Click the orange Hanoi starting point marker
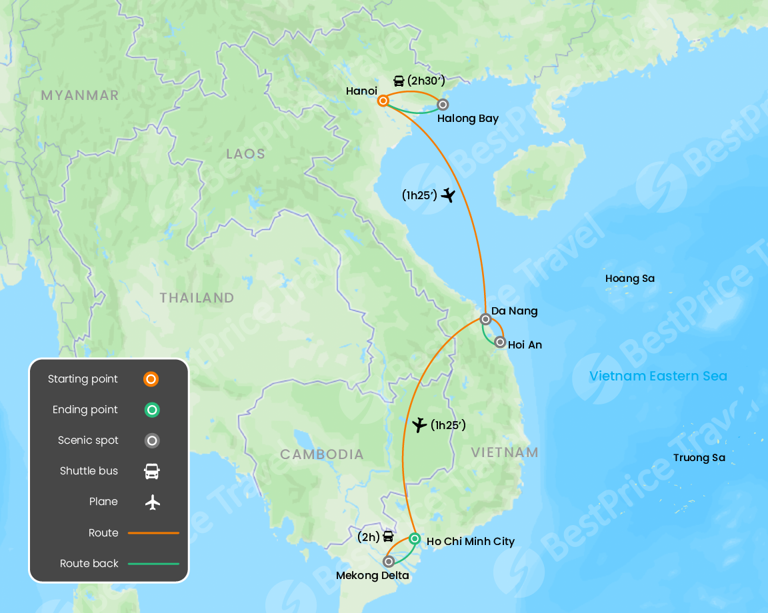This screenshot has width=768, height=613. coord(383,101)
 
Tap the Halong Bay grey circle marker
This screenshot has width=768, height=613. coord(442,104)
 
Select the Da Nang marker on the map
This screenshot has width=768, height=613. coord(485,319)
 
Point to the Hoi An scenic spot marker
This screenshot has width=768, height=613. coord(500,342)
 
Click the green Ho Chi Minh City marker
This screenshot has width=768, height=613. coord(415,538)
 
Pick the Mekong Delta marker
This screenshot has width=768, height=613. coord(389,561)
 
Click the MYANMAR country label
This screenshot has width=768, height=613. coord(80,95)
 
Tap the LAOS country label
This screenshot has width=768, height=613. coord(245,154)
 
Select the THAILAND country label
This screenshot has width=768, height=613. coord(197,298)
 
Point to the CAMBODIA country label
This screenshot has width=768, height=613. coord(322,454)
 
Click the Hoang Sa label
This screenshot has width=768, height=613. coord(630,279)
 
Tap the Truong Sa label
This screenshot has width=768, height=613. coord(699,458)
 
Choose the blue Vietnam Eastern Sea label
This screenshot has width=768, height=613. coord(658,376)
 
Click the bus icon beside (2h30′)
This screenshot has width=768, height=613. coord(399,81)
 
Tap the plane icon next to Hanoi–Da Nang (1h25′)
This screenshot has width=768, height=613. coord(448,195)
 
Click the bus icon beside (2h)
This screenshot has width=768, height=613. coord(388,536)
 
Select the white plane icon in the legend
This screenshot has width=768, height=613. coord(153,502)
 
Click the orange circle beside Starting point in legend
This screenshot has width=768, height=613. coord(151,379)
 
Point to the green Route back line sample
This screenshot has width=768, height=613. coord(153,564)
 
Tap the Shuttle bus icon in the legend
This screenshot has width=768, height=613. coord(152,471)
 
